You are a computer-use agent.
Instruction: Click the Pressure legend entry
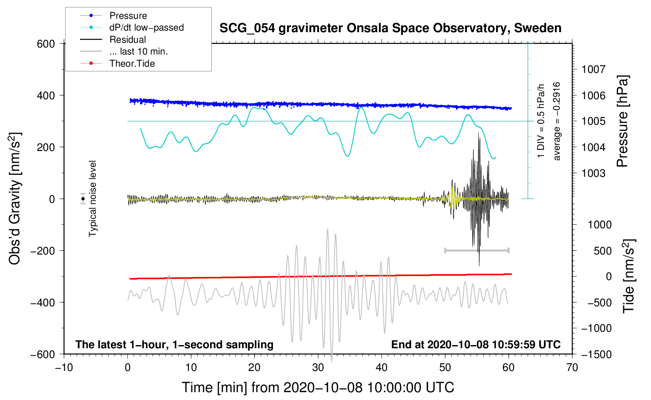coord(113,15)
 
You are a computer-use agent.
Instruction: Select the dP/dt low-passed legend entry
coord(132,27)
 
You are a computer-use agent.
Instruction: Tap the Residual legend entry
coord(113,40)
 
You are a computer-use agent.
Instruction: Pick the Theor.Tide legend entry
coord(117,64)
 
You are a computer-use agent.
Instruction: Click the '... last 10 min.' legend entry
coord(124,51)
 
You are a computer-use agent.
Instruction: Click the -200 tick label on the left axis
coord(43,251)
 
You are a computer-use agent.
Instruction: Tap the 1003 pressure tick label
coord(593,173)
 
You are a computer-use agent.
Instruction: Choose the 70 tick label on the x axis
coord(572,368)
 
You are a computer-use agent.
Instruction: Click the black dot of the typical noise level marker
coord(83,199)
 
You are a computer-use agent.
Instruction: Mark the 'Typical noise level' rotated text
coord(93,199)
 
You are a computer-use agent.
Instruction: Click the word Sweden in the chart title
coord(538,28)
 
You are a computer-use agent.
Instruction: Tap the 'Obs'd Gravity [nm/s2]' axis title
coord(15,198)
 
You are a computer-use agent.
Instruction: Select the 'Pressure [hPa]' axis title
coord(623,121)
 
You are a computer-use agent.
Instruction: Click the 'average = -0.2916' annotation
coord(556,121)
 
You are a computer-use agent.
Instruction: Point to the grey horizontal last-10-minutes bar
coord(476,250)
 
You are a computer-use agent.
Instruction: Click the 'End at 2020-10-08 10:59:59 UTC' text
coord(476,344)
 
